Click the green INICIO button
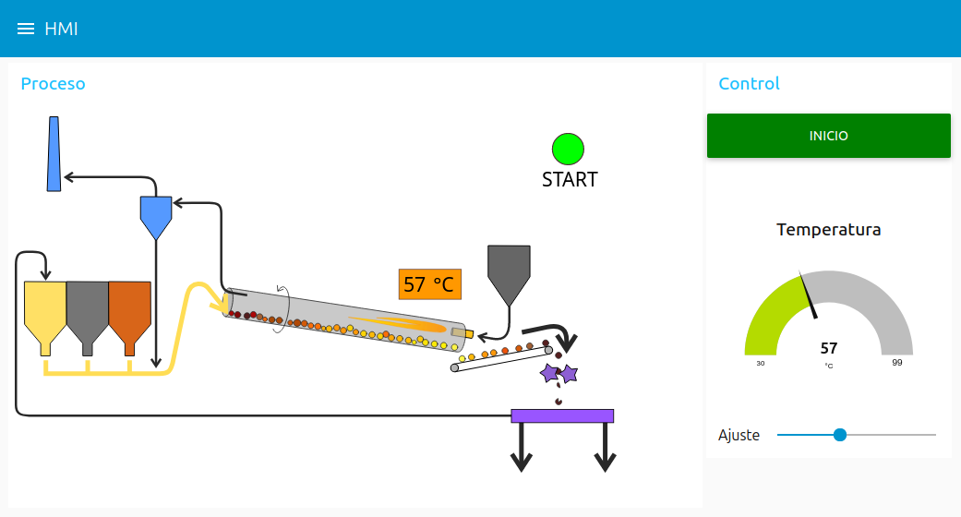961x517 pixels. tap(828, 136)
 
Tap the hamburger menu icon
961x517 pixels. tap(26, 29)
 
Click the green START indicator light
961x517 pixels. tap(569, 150)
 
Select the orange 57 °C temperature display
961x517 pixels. tap(429, 283)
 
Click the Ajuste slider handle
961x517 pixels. tap(840, 435)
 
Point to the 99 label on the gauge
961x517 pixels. tap(896, 363)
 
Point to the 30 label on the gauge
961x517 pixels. tap(761, 363)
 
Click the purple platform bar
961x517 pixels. tap(562, 415)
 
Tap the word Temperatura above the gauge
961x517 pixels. tap(828, 229)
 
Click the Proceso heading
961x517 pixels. tap(53, 84)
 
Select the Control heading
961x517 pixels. tap(749, 84)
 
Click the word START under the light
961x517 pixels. tap(570, 179)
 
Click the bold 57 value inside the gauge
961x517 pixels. tap(829, 348)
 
